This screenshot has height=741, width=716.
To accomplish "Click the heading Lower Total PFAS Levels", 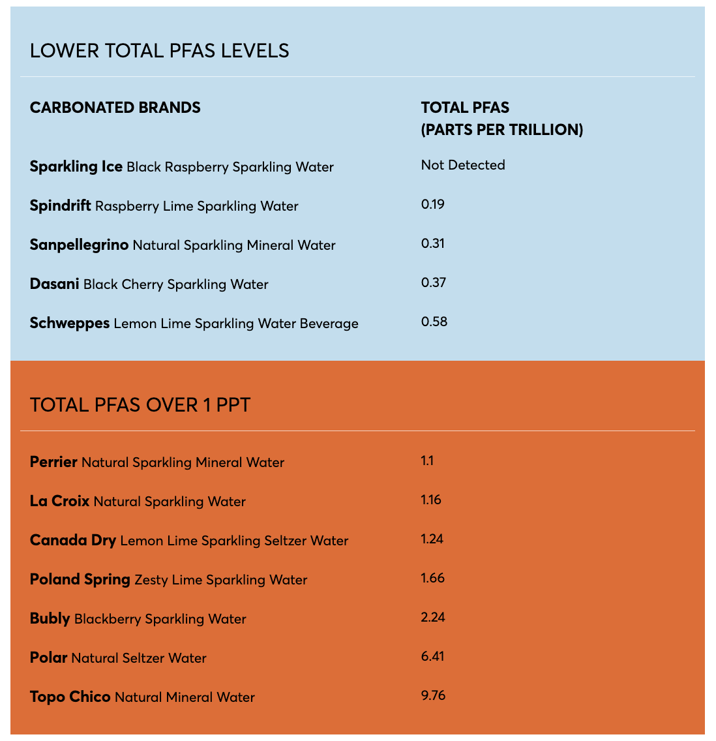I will tap(160, 51).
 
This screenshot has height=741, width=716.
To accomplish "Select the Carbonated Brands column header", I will tap(115, 108).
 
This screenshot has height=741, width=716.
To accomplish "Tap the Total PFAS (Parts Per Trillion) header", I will tap(501, 119).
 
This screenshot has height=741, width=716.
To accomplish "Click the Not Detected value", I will tap(463, 165).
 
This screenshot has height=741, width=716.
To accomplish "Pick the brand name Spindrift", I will tap(61, 206).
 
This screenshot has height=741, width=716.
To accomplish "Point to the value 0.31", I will tap(433, 243).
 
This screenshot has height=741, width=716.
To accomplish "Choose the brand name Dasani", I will tap(55, 284).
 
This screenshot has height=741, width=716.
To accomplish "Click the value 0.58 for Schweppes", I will tap(434, 322).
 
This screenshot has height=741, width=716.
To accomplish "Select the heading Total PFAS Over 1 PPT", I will tap(140, 405).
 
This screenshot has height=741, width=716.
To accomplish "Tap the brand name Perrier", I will tap(53, 462).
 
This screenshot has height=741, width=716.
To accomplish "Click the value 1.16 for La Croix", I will tap(431, 500).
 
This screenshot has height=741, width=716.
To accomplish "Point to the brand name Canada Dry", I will tap(73, 540).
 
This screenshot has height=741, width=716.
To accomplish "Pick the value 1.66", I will tap(433, 578).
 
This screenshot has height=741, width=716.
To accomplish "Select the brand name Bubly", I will tap(50, 618).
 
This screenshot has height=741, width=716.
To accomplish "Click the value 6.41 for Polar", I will tap(433, 656).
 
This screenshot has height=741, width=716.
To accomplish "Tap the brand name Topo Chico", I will tap(70, 697).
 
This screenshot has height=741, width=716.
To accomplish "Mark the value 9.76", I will tap(434, 695).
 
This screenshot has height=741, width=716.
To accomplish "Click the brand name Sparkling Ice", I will tap(76, 166).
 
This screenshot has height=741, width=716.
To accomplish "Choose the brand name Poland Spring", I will tap(80, 579).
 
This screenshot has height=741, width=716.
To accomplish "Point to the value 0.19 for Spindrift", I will tap(433, 204).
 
